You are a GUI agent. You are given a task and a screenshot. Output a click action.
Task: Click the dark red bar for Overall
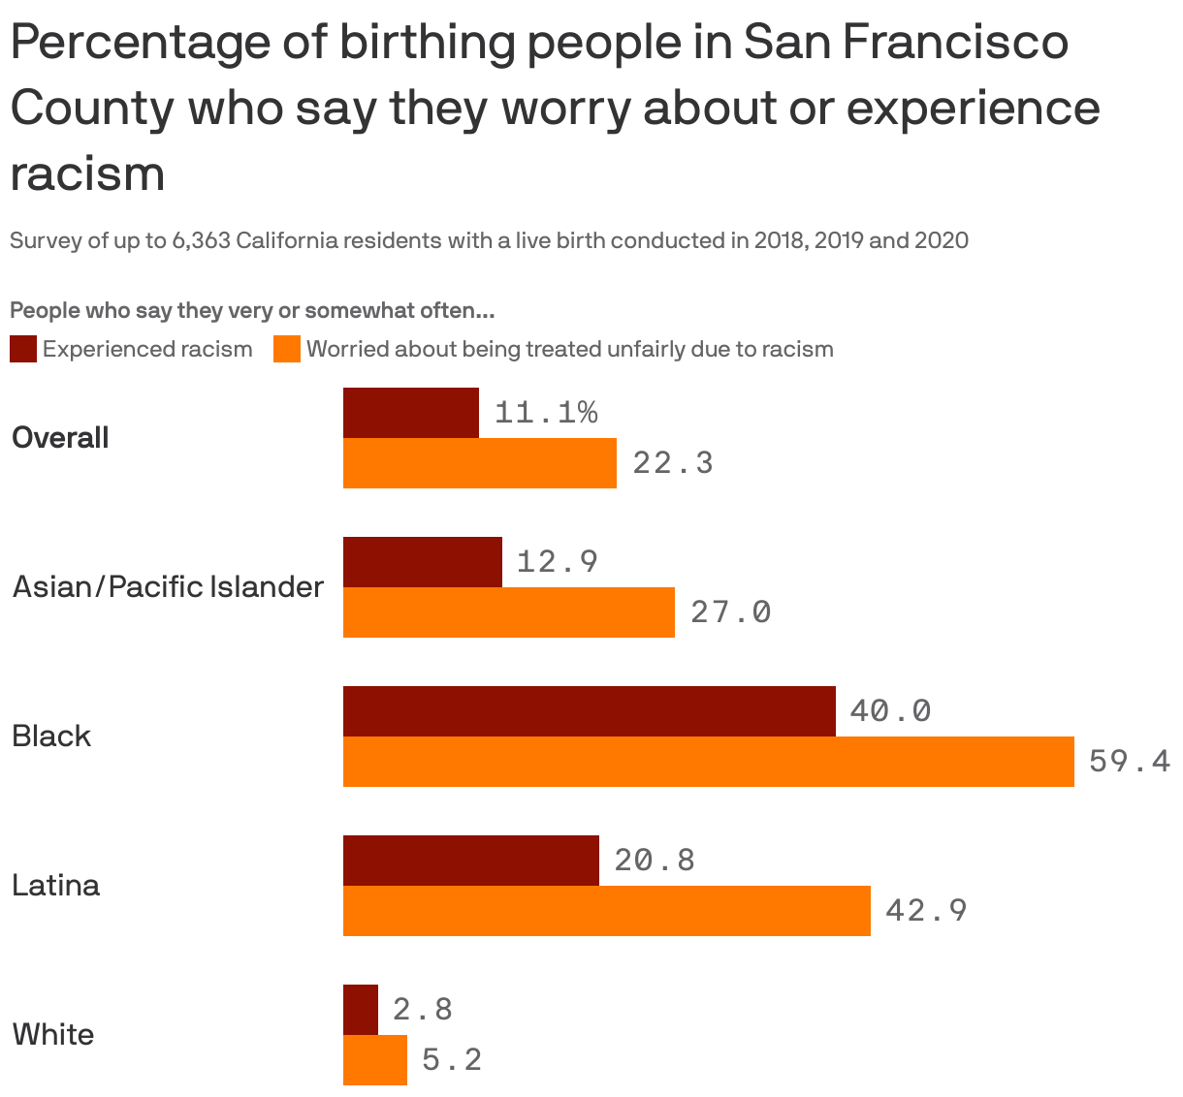411,413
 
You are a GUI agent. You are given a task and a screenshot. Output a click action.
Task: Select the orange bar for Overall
480,463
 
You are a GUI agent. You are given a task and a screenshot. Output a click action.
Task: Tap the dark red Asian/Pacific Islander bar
423,562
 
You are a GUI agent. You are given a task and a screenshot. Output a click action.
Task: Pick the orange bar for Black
708,762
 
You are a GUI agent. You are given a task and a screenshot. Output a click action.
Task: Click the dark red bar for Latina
471,861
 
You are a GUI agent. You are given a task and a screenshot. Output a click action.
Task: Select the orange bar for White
375,1060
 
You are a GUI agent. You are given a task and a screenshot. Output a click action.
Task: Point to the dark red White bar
361,1010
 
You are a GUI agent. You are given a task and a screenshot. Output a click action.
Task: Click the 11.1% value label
546,413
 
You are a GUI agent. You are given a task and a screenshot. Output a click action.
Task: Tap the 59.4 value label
1130,762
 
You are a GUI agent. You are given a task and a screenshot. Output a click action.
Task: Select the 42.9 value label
926,911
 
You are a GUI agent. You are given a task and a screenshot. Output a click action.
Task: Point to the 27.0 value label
731,612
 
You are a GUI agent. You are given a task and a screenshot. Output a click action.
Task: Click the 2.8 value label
423,1010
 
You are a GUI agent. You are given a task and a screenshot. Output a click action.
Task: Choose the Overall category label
60,438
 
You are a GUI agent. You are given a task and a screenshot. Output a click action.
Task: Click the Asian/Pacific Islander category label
168,587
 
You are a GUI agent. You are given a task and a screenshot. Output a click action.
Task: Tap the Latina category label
56,886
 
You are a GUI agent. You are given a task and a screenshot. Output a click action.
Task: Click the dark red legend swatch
23,349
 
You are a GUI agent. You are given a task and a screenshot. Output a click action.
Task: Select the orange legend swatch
287,349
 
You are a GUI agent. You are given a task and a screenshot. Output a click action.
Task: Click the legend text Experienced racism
147,349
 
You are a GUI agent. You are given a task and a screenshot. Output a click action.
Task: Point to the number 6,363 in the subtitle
201,240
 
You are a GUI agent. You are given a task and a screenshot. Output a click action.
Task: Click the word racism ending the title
87,174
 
